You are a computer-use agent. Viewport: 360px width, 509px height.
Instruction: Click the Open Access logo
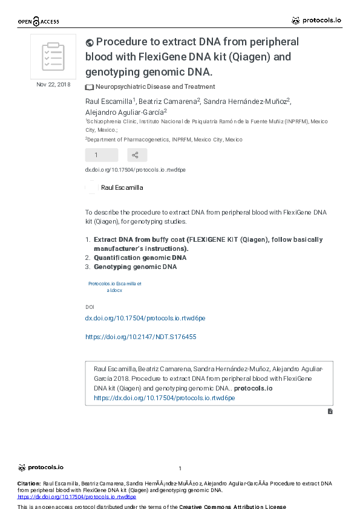point(38,22)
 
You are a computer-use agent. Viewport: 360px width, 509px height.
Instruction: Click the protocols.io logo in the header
point(316,21)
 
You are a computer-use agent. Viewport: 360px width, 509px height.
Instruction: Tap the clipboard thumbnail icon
point(53,57)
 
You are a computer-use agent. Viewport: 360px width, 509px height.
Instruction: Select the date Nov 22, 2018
point(53,84)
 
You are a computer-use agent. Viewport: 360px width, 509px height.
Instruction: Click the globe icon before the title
point(90,42)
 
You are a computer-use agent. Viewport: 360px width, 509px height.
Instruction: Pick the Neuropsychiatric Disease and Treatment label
point(155,87)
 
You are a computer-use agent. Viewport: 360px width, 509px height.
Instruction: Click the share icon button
point(136,155)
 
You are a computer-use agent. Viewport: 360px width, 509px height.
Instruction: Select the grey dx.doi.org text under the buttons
point(135,170)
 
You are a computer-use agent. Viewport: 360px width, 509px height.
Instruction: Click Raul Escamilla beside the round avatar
point(122,187)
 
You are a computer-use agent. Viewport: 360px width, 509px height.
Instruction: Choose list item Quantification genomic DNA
point(140,258)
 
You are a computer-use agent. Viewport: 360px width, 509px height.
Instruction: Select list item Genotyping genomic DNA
point(135,267)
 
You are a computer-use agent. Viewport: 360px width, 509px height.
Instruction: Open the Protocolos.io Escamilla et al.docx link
point(114,287)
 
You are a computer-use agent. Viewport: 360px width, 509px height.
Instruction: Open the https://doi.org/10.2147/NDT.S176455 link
point(140,337)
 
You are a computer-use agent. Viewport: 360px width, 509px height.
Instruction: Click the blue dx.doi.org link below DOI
point(145,318)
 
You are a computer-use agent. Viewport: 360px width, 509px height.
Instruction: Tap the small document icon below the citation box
point(330,411)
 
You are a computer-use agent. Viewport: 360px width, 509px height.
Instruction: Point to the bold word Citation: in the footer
point(28,484)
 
